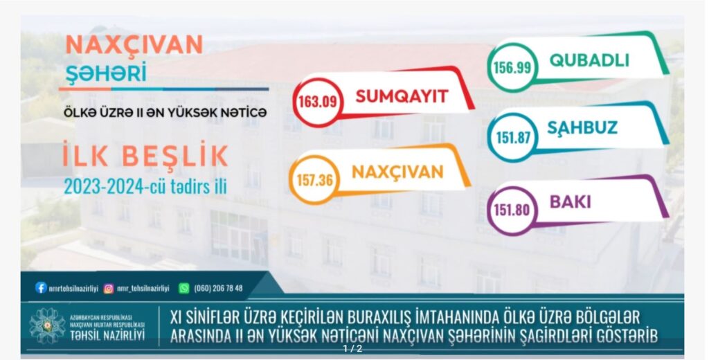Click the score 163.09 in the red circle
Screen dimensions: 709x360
tap(317, 101)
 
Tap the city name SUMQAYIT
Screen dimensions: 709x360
tap(402, 96)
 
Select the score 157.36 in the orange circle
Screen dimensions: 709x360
tap(315, 180)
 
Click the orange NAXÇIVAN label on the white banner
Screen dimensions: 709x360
tap(397, 172)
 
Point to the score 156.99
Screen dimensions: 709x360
tap(512, 68)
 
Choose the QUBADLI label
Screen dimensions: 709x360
tap(589, 60)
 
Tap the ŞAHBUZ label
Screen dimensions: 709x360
tap(582, 127)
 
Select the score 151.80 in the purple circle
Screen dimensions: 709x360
tap(512, 210)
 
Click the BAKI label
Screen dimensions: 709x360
tap(571, 202)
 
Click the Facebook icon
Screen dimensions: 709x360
tap(41, 287)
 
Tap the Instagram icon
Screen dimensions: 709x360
tap(109, 288)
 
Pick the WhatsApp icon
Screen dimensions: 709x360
tap(183, 288)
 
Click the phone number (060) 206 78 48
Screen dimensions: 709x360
tap(218, 288)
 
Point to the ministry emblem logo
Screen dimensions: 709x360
tap(47, 325)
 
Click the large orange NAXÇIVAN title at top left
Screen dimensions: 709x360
tap(134, 45)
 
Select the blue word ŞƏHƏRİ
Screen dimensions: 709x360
tap(106, 73)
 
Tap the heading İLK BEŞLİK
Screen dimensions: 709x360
tap(145, 155)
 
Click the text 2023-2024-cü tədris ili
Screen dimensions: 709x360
tap(145, 187)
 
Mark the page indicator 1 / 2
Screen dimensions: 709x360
tap(352, 349)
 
